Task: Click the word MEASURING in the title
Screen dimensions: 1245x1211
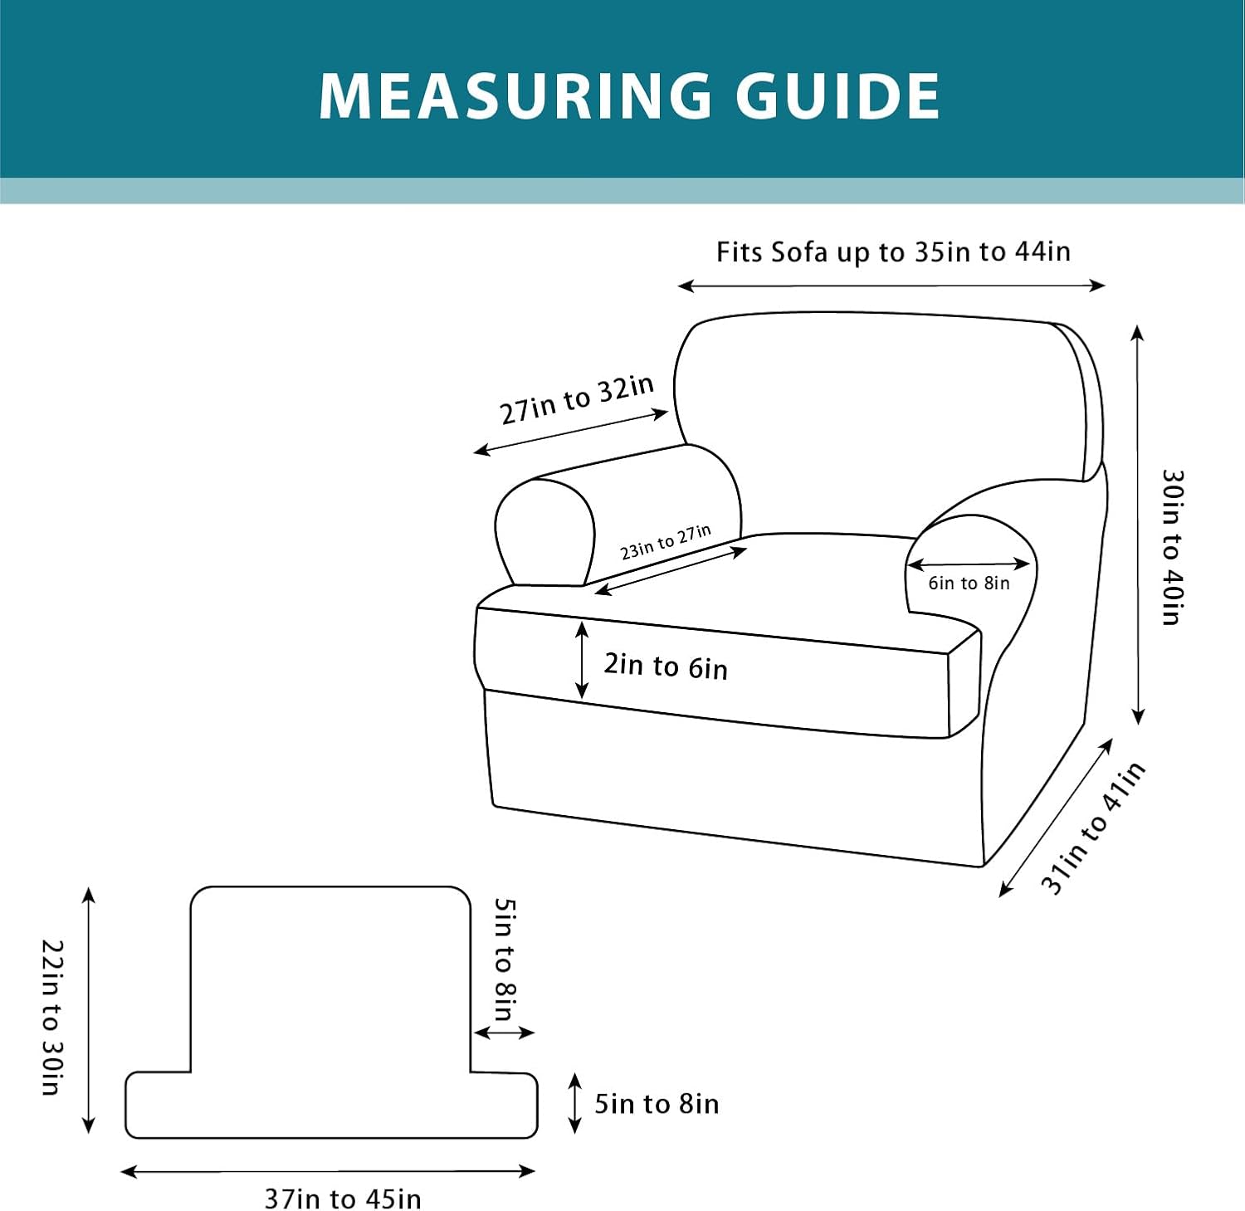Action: point(515,95)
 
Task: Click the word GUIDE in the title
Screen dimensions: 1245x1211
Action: point(838,95)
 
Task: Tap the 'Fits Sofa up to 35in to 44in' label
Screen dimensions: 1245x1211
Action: point(893,251)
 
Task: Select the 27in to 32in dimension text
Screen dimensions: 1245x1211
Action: point(577,399)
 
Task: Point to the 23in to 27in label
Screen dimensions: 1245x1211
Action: point(666,542)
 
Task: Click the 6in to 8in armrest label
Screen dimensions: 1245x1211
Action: point(969,584)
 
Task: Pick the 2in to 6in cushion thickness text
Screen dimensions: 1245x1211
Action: point(666,667)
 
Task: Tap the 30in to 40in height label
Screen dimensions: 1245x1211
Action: point(1172,547)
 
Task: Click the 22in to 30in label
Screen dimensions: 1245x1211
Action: point(52,1017)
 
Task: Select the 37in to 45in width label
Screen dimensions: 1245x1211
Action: point(343,1199)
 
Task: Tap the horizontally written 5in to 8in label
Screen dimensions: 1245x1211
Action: point(657,1104)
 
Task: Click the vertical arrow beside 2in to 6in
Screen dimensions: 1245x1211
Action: point(582,661)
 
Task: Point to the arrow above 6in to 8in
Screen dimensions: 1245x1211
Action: point(969,564)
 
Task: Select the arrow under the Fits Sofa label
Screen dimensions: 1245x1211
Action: point(891,286)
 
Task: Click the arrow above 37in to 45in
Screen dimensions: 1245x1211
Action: point(328,1171)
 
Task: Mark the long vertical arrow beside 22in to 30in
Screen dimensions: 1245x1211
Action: point(89,1010)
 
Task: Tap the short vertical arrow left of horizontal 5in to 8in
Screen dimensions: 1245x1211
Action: point(574,1103)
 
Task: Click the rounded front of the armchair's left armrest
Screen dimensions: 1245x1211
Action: point(544,531)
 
